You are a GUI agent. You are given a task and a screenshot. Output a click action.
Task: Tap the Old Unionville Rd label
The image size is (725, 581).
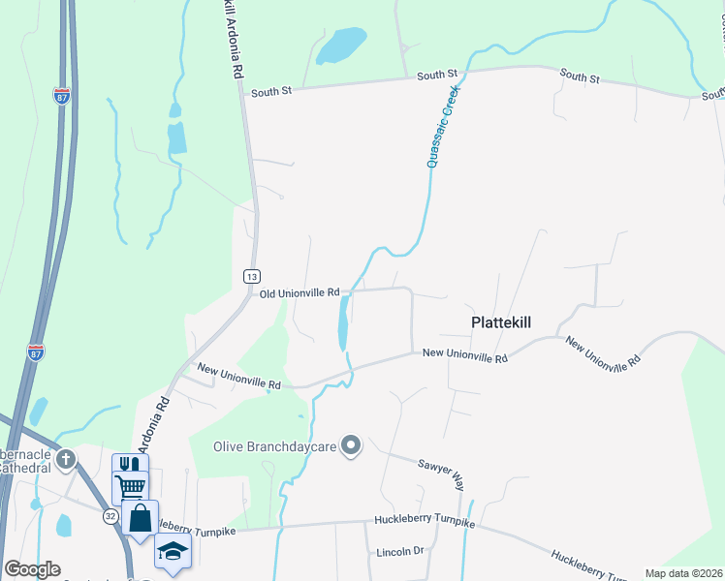(299, 291)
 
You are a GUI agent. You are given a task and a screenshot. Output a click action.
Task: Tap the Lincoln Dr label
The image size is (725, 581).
(399, 551)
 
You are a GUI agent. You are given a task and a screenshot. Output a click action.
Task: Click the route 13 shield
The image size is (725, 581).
(251, 276)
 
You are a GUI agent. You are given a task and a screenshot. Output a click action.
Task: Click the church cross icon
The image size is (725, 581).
(66, 458)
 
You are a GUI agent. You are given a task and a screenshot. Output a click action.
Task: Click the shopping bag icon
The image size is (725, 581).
(140, 516)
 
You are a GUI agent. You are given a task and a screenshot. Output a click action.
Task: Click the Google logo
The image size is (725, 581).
(32, 569)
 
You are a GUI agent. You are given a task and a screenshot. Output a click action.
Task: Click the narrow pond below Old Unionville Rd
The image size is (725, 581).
(343, 323)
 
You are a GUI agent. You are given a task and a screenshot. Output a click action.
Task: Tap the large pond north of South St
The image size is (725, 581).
(340, 45)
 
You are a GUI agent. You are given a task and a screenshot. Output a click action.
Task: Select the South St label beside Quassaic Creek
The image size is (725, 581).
(437, 75)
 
